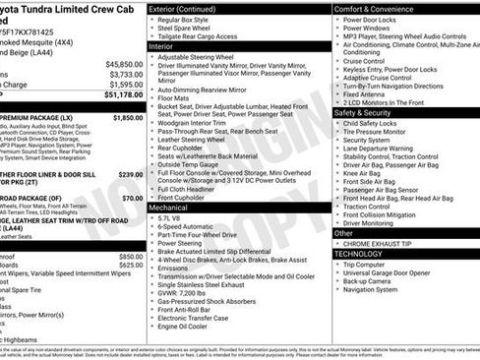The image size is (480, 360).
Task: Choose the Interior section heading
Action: [161, 46]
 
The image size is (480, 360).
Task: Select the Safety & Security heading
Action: [370, 112]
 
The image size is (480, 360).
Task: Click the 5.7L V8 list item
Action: [173, 218]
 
